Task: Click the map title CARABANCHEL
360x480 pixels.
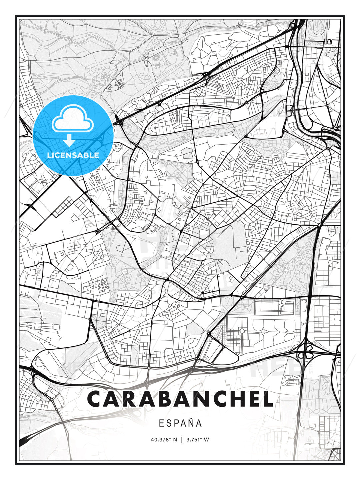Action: pos(180,399)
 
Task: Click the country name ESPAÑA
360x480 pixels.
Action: pos(180,423)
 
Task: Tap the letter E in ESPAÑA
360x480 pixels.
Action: pos(161,423)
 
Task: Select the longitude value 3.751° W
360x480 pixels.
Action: pos(197,440)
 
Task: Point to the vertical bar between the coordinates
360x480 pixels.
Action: pos(182,440)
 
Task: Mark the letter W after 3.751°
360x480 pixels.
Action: pos(207,440)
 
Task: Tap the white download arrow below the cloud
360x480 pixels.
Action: pos(70,140)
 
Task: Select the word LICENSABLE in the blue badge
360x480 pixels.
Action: pos(73,155)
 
